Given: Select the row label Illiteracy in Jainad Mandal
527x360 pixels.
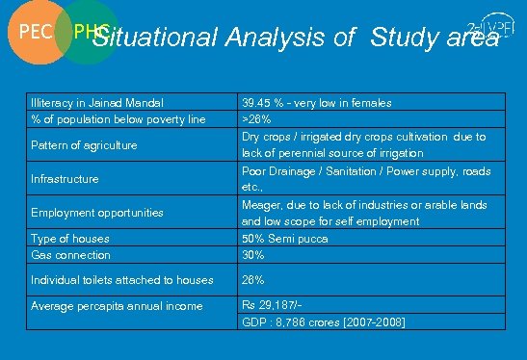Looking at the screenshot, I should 96,102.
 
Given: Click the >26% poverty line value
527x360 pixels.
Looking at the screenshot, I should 255,119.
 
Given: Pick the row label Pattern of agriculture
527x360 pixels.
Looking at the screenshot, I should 84,145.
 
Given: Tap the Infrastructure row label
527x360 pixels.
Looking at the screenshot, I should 65,179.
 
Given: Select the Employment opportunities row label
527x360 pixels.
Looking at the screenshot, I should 97,212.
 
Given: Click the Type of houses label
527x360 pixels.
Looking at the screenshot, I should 70,238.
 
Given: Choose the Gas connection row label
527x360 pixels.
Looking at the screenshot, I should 71,255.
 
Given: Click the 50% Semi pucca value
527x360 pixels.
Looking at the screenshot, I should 284,238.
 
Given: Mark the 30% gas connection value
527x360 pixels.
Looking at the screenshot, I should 252,255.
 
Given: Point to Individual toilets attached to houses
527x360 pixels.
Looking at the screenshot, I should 122,280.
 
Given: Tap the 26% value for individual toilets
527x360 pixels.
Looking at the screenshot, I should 252,280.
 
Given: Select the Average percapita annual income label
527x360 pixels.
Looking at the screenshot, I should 118,306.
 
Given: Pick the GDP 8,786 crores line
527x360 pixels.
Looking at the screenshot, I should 322,321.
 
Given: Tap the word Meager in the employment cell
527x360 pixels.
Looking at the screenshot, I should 260,204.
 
